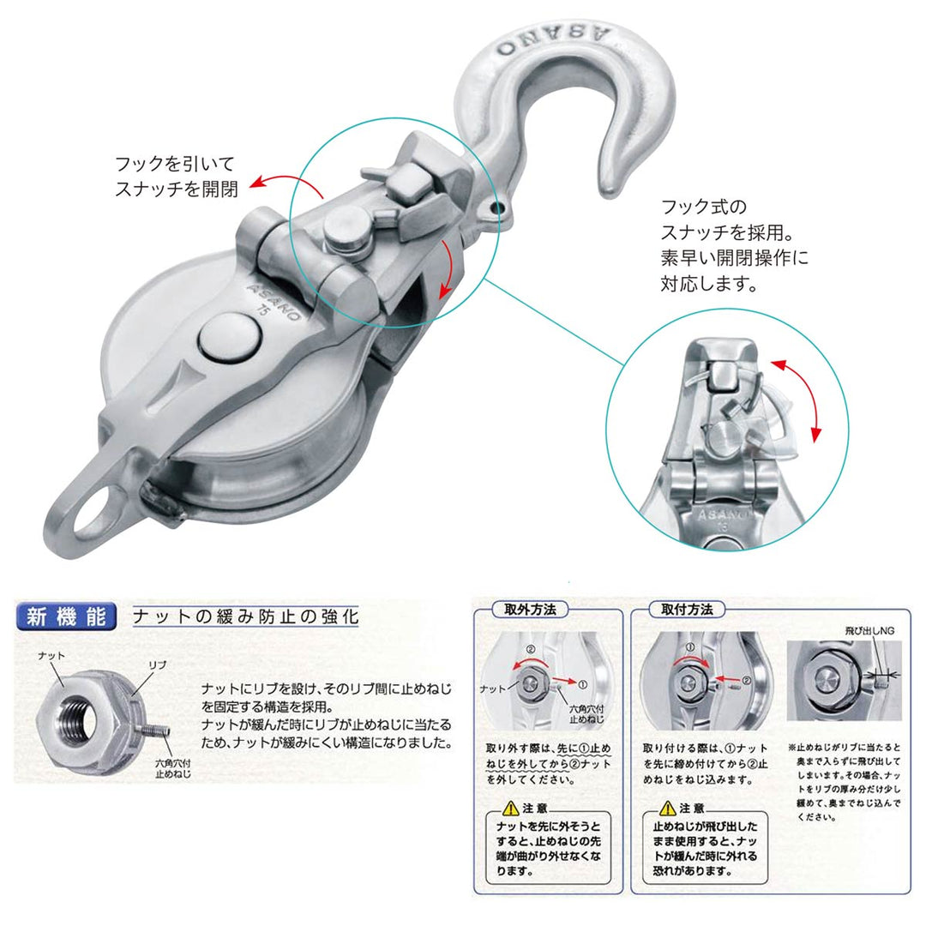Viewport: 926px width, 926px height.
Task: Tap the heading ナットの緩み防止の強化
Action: (x=245, y=616)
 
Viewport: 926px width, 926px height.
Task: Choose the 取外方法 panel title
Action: (x=526, y=610)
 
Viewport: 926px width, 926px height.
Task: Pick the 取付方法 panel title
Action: (x=687, y=610)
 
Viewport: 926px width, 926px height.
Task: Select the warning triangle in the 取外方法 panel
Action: (x=511, y=808)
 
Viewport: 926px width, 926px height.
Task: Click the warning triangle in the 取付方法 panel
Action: (x=668, y=808)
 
